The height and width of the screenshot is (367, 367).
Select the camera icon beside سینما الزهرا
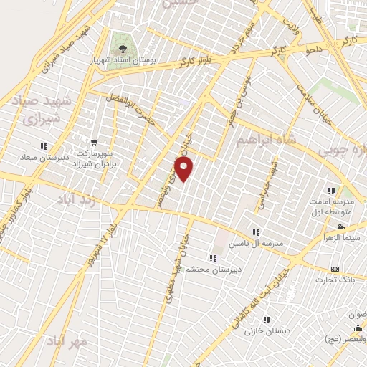(x=340, y=227)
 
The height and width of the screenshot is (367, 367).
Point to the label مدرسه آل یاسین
(x=256, y=244)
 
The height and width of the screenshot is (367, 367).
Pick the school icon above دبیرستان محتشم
(x=212, y=258)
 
